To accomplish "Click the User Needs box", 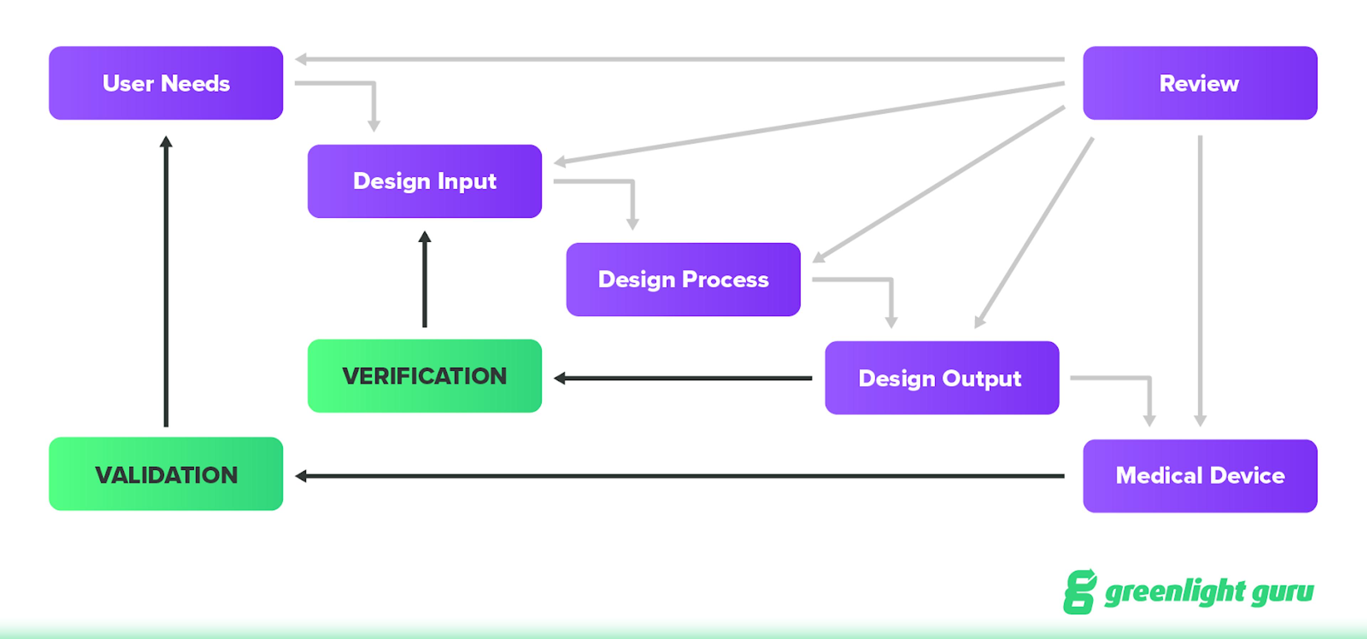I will [166, 83].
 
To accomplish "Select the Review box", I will [1199, 83].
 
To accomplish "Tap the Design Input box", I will [425, 181].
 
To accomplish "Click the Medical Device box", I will [1199, 476].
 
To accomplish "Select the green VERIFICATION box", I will [425, 376].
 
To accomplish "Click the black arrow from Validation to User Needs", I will [166, 281].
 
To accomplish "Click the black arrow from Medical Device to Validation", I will [679, 476].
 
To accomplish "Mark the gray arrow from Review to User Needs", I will [679, 59].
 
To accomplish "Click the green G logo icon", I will [1079, 592].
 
